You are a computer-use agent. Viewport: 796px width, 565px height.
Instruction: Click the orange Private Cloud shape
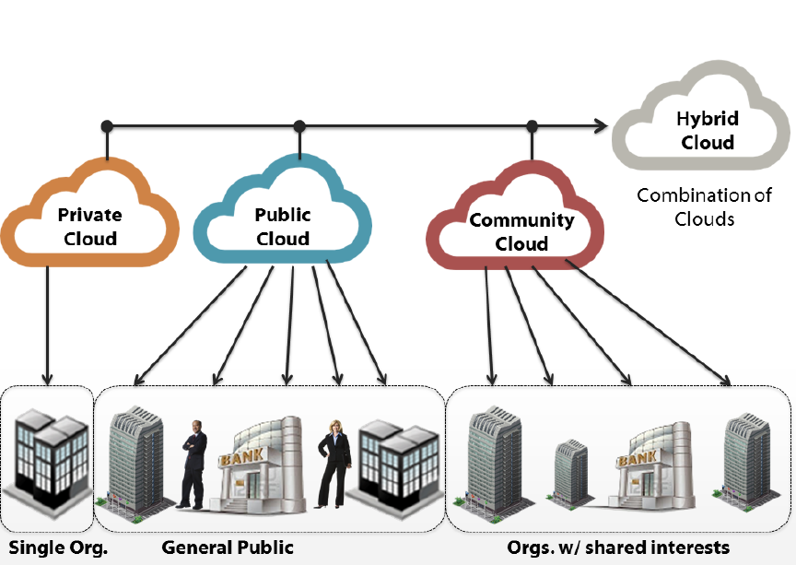(x=89, y=226)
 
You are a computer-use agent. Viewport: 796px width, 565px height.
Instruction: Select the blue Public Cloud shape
(x=283, y=226)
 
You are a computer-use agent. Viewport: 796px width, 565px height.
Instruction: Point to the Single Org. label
(x=59, y=547)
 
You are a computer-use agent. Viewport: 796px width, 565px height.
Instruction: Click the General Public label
(x=228, y=547)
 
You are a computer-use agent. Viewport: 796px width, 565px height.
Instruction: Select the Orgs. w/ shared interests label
(x=618, y=547)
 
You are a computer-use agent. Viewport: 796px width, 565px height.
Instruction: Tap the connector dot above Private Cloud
(x=107, y=125)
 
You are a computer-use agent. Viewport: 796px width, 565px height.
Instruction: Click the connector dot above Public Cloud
(x=298, y=125)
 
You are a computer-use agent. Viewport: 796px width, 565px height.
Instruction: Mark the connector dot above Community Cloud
(x=532, y=125)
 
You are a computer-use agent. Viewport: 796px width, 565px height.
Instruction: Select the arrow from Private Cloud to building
(x=47, y=323)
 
